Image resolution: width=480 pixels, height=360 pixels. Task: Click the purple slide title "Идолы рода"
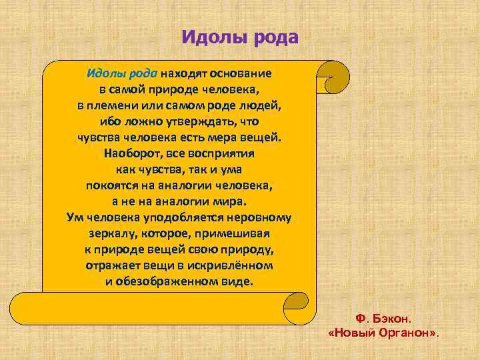tap(240, 37)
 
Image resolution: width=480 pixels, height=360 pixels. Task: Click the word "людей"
tap(262, 106)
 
